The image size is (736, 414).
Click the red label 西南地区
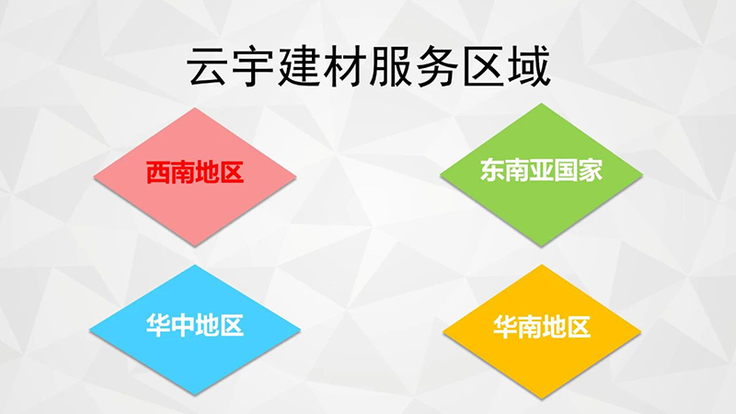pyautogui.click(x=195, y=172)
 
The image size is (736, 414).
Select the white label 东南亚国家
pyautogui.click(x=541, y=170)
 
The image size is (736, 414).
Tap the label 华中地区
pyautogui.click(x=195, y=325)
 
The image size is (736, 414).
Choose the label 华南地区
pyautogui.click(x=541, y=327)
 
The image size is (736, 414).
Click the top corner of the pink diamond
pyautogui.click(x=195, y=108)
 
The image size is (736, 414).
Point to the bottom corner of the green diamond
pyautogui.click(x=541, y=246)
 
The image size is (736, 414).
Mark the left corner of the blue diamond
pyautogui.click(x=89, y=330)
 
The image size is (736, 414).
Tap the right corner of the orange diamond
pyautogui.click(x=641, y=331)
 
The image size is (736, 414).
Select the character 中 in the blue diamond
pyautogui.click(x=182, y=325)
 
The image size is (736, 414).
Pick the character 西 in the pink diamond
pyautogui.click(x=158, y=172)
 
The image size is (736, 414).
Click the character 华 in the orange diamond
pyautogui.click(x=504, y=327)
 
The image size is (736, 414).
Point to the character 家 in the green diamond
pyautogui.click(x=590, y=170)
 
